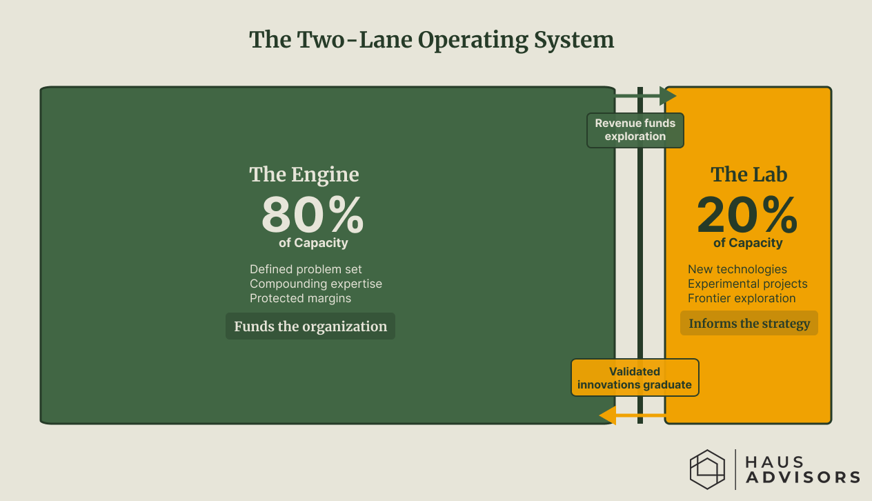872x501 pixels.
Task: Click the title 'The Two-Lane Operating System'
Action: coord(432,40)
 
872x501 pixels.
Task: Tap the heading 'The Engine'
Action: coord(304,174)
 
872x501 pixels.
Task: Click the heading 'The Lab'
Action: coord(749,174)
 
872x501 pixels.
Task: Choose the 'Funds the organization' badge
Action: coord(310,326)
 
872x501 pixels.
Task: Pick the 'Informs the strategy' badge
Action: coord(749,324)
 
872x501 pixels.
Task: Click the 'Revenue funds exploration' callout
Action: coord(635,130)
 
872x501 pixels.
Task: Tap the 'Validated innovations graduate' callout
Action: coord(635,378)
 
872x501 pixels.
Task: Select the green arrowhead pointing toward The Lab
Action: coord(668,96)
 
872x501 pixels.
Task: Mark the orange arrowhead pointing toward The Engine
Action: coord(608,415)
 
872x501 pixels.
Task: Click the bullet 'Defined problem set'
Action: coord(306,269)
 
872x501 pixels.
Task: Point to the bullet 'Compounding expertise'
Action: coord(316,284)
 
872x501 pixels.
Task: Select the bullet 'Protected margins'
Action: coord(300,298)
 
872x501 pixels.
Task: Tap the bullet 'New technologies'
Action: coord(737,269)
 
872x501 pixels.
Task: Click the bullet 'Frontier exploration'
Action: coord(742,298)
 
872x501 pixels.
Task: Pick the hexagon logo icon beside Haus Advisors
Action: coord(708,469)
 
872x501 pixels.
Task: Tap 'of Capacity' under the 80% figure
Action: coord(313,243)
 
